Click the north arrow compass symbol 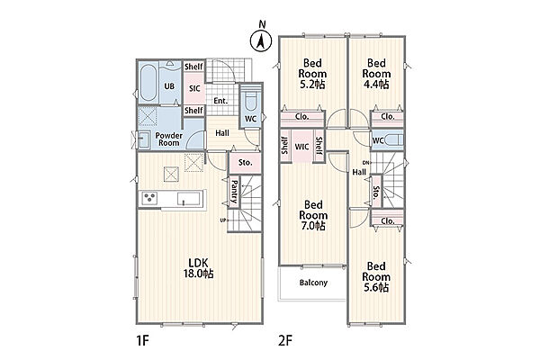click(261, 41)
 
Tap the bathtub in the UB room click(148, 83)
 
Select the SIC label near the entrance click(194, 88)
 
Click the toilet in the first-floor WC click(250, 100)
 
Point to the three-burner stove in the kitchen click(150, 198)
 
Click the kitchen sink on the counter click(188, 199)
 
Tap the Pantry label click(234, 192)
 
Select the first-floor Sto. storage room click(245, 162)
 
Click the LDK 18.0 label click(201, 268)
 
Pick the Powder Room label click(169, 139)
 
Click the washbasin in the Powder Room click(144, 139)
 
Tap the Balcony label click(313, 283)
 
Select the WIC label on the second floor click(301, 147)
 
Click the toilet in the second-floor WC click(392, 140)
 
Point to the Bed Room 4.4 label click(376, 74)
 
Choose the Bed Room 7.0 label click(313, 215)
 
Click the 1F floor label click(142, 341)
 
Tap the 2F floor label click(284, 341)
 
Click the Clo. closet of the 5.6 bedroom click(387, 220)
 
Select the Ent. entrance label click(220, 101)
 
